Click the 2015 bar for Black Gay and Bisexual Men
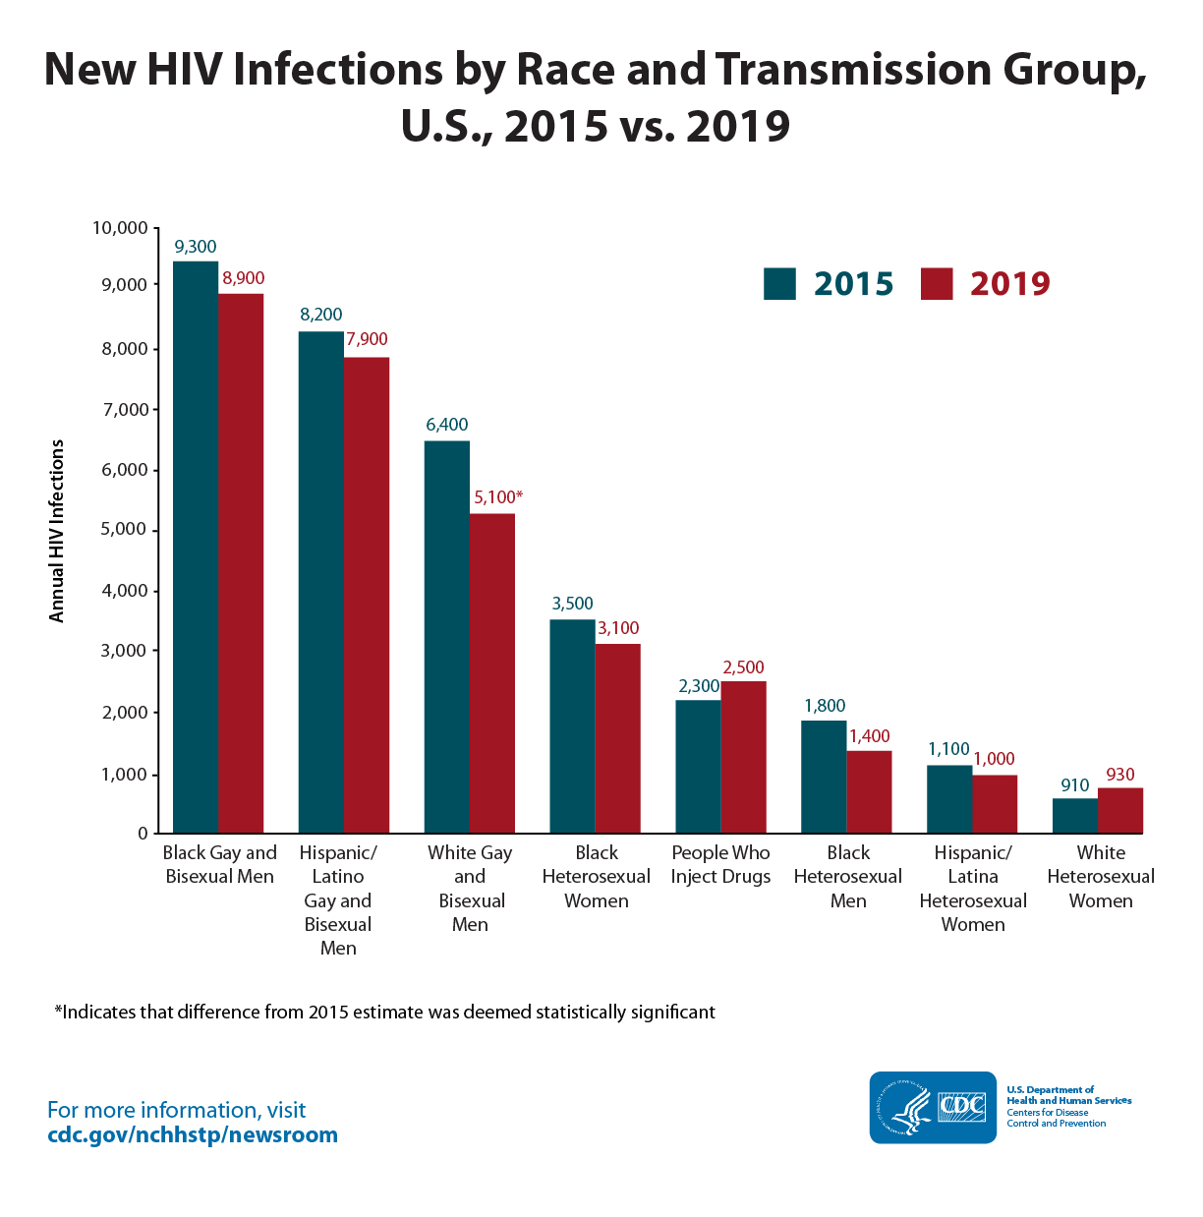coord(196,547)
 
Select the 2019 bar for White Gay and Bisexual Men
coord(491,673)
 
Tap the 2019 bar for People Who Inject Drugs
coord(743,757)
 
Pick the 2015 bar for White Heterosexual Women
coord(1074,816)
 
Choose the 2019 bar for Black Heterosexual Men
coord(869,792)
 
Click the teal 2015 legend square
coord(779,283)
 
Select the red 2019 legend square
coord(937,283)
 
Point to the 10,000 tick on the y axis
coord(120,228)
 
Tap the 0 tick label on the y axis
coord(143,834)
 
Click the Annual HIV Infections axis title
coord(57,531)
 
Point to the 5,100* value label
coord(498,497)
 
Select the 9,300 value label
coord(196,247)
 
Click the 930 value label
coord(1120,775)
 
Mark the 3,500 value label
coord(572,604)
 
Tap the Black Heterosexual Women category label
coord(597,877)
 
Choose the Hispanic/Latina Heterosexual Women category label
coord(973,889)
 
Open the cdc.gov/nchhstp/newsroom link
coord(193,1135)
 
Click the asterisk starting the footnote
coord(58,1011)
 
